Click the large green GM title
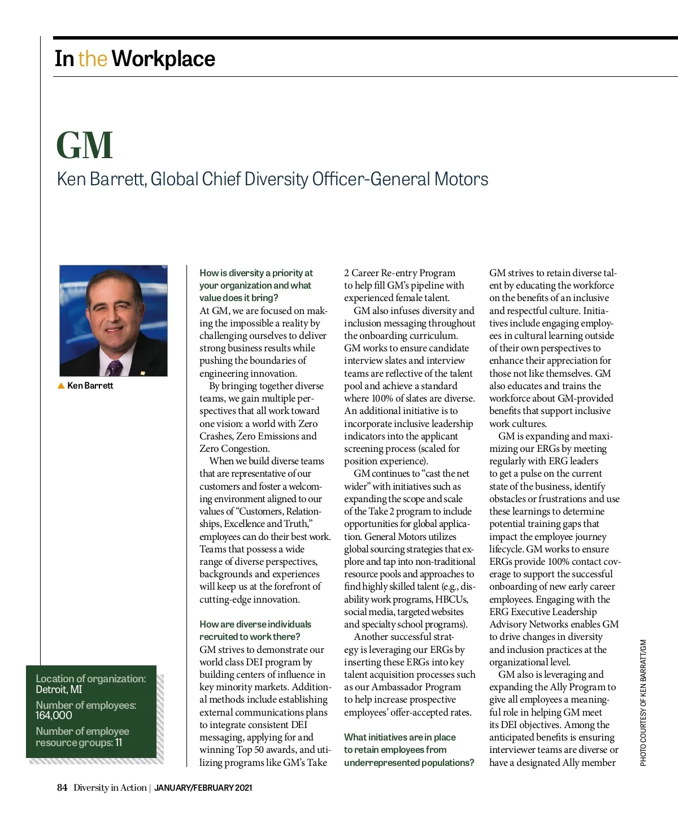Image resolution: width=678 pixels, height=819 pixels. coord(85,146)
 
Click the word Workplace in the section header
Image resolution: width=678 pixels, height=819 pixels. coord(163,59)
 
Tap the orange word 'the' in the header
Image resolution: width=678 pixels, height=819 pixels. coord(93,59)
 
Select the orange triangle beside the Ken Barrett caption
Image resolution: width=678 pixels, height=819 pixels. coord(61,386)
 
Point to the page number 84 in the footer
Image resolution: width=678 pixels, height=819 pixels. coord(62,787)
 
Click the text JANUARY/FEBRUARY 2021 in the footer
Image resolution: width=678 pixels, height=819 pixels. coord(203,787)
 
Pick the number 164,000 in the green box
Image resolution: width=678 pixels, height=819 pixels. coord(54,716)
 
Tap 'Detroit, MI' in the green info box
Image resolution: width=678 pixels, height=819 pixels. coord(59,690)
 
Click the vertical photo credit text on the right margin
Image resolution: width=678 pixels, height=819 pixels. coord(643,703)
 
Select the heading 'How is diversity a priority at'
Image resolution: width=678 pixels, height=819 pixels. coord(256,273)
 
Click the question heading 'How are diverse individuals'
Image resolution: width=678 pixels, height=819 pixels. coord(255,624)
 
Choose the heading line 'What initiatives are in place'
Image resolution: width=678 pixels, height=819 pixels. coord(400,737)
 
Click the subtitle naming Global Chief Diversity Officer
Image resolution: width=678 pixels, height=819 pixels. coord(273,179)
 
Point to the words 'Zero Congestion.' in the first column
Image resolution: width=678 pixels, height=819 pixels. coord(234,448)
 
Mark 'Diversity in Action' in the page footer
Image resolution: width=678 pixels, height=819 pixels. coord(110,787)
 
